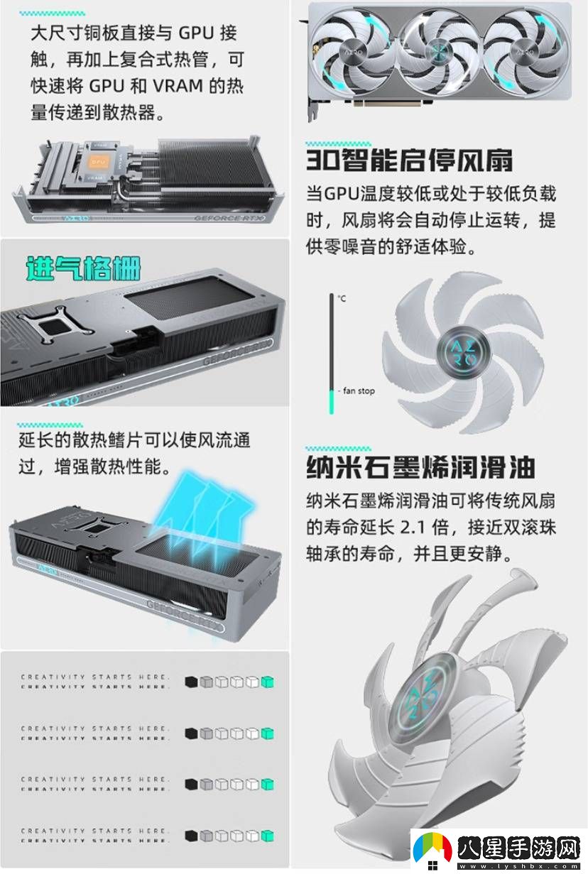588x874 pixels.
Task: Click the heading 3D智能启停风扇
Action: [x=410, y=160]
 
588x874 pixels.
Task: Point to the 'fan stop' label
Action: [x=359, y=391]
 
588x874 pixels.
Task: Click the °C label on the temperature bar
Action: [x=342, y=299]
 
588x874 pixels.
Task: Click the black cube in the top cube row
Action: [x=190, y=682]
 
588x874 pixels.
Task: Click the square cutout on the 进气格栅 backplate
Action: [x=57, y=326]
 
